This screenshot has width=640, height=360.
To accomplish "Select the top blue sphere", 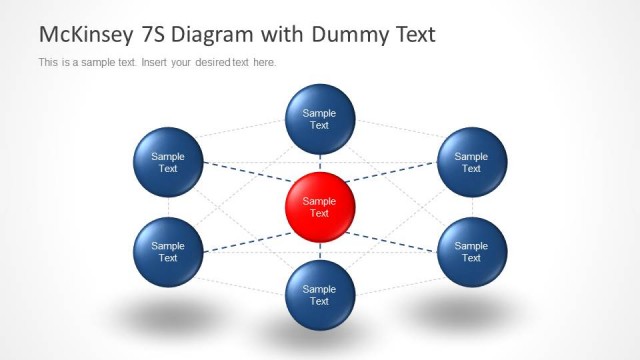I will click(320, 119).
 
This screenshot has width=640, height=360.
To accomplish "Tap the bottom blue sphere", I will click(320, 294).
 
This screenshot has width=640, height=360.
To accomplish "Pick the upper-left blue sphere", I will click(168, 162).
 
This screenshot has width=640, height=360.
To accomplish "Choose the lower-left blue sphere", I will click(168, 251).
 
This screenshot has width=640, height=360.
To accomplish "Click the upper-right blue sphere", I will click(471, 162).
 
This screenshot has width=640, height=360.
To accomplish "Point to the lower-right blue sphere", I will click(471, 251).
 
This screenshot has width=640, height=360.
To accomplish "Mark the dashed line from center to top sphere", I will click(320, 163).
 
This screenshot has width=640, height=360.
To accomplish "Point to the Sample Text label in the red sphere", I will click(320, 207).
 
